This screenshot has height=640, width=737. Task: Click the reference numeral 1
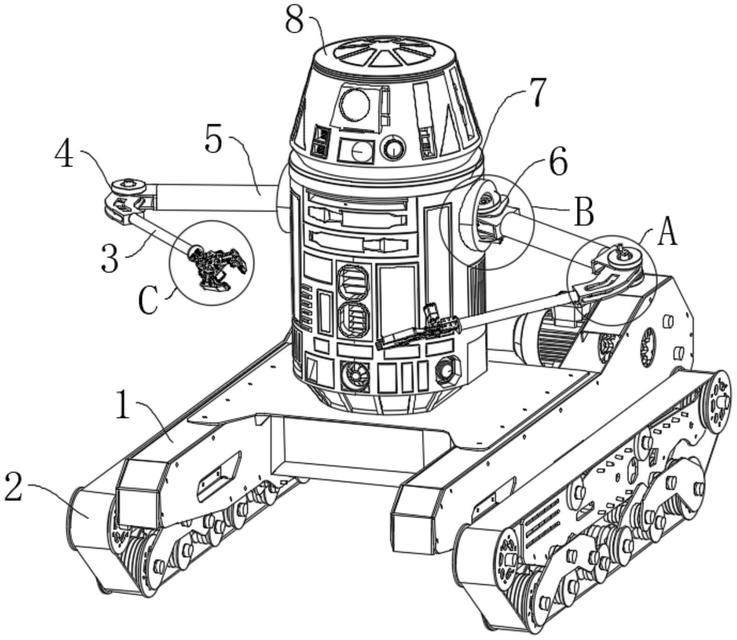[x=123, y=405]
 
